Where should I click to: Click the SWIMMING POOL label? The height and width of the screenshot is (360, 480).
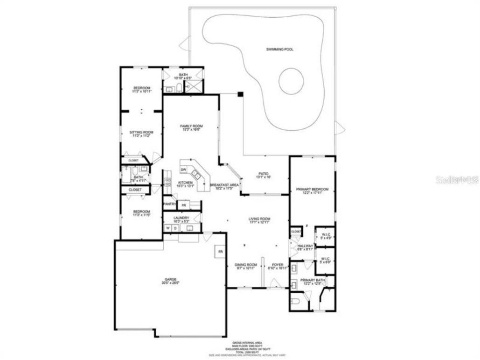(280, 49)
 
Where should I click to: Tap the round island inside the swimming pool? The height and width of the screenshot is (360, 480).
(291, 81)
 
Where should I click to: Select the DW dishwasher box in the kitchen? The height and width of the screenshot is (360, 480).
(184, 169)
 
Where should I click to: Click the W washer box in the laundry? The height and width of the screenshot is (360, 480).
(167, 228)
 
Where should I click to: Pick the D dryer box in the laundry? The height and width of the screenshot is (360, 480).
(175, 228)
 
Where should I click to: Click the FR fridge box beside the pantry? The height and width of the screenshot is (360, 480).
(184, 205)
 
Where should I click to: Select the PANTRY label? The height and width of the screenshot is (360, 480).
(169, 204)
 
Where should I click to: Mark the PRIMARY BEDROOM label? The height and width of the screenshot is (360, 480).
(312, 189)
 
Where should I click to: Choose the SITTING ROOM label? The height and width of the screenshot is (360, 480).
(141, 133)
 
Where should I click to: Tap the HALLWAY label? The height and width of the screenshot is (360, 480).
(305, 246)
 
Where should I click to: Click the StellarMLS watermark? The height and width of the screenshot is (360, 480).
(457, 180)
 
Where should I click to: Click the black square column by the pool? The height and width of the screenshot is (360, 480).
(240, 94)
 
